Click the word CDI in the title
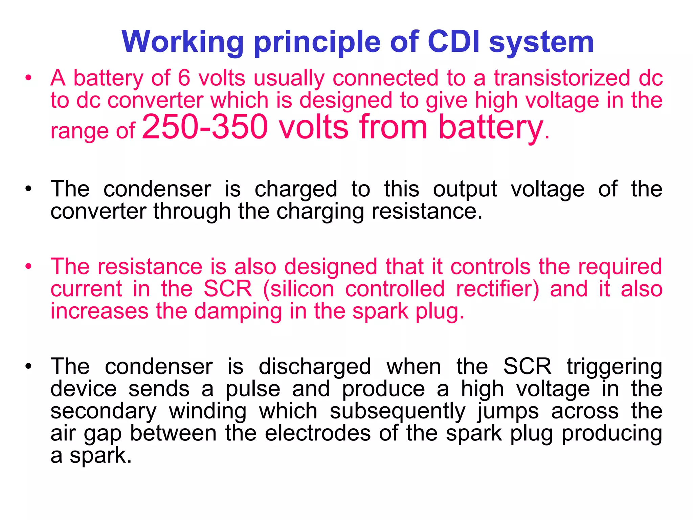click(x=453, y=42)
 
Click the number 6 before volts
click(x=184, y=78)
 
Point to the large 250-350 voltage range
click(x=205, y=127)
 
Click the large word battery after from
click(x=491, y=127)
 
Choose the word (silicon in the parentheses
click(x=298, y=289)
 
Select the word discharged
click(x=315, y=367)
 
